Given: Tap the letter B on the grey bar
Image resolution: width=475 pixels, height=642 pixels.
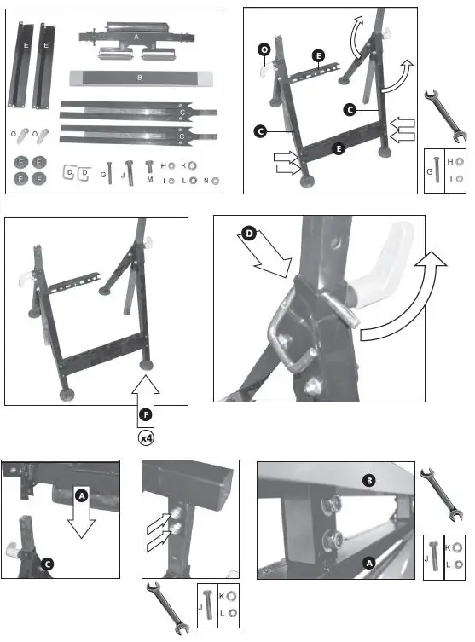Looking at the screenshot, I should [x=139, y=78].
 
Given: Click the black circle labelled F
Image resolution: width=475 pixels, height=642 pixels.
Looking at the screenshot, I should [x=146, y=415].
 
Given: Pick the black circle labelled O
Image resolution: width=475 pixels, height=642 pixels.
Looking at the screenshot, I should [x=265, y=51].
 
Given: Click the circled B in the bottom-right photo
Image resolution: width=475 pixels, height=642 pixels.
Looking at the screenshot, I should [x=369, y=479].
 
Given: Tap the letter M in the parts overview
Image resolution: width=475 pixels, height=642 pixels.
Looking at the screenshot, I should [x=150, y=181].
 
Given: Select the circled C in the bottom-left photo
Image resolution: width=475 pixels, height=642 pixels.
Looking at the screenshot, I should [x=48, y=563].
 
